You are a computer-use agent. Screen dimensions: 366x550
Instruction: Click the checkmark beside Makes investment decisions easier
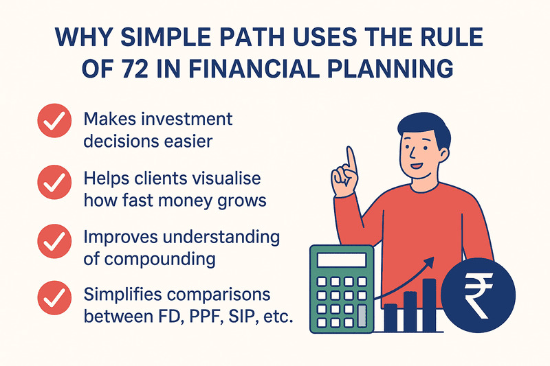pyautogui.click(x=53, y=123)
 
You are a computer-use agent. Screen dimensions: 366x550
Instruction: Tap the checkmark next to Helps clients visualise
pyautogui.click(x=53, y=182)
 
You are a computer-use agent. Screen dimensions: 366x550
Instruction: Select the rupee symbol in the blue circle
pyautogui.click(x=476, y=296)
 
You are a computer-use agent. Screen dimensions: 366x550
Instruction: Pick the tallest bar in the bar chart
pyautogui.click(x=429, y=302)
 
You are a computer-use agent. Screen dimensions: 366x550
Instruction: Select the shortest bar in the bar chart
pyautogui.click(x=390, y=317)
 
